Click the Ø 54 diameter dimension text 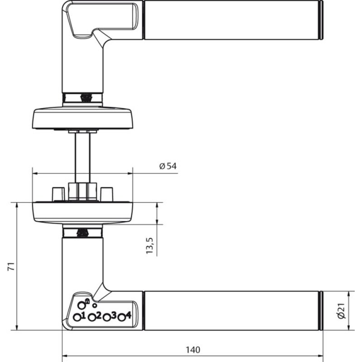(168, 166)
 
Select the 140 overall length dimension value (193, 350)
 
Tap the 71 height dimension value (11, 266)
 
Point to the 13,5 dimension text (150, 246)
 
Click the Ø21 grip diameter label (341, 311)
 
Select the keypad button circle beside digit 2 (92, 318)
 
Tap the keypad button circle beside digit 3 (106, 318)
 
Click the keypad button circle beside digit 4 (122, 318)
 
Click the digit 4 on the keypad (129, 315)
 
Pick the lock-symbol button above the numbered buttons (81, 305)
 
